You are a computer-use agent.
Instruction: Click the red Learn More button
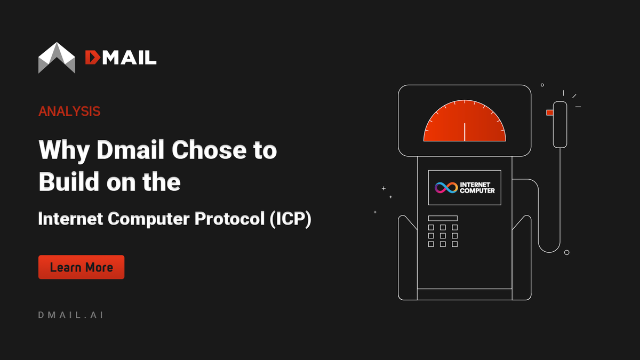point(81,267)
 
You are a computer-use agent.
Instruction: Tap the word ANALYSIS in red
point(69,111)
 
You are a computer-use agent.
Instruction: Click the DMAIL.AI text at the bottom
point(71,315)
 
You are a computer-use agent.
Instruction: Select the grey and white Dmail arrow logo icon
point(57,57)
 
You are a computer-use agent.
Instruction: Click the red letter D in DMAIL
point(92,57)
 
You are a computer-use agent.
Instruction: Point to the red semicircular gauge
point(465,123)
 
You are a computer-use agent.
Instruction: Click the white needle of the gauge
point(465,132)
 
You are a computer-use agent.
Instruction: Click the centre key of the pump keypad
point(443,236)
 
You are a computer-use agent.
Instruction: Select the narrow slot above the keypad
point(443,218)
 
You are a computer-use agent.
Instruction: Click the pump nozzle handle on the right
point(559,124)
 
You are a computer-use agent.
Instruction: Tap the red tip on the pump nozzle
point(549,113)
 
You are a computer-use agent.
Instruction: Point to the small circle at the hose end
point(567,252)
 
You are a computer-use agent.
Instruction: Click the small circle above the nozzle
point(542,85)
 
